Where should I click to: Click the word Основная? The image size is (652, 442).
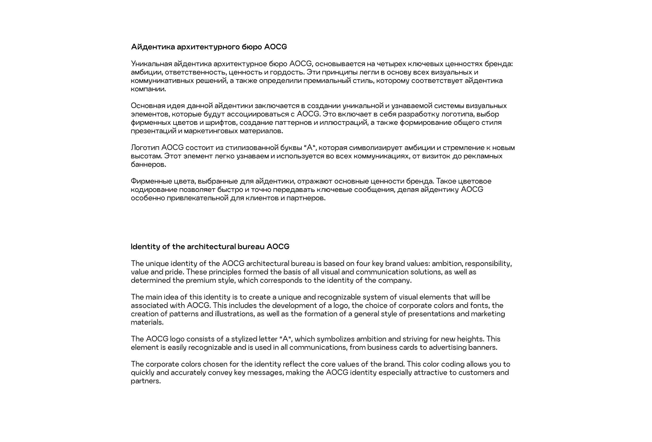148,106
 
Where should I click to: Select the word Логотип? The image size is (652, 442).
145,148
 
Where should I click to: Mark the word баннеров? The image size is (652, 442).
148,164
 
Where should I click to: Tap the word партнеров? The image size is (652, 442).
306,198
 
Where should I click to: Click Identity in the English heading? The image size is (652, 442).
145,247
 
